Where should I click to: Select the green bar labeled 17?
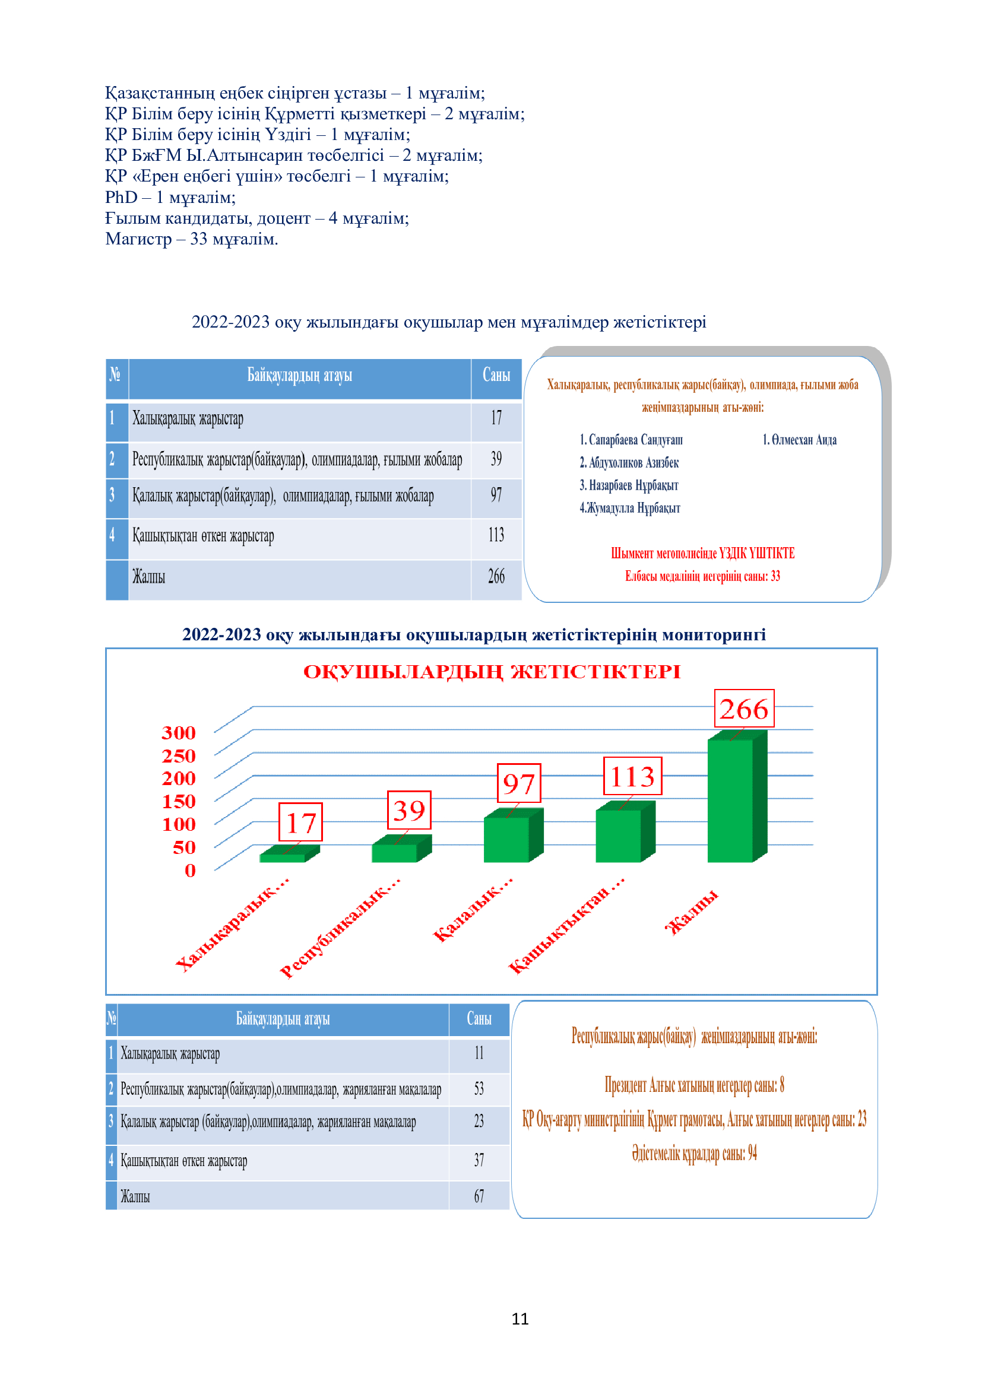click(283, 857)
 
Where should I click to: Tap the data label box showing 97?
click(519, 783)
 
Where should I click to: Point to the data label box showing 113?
click(632, 776)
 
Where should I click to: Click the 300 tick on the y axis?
click(178, 733)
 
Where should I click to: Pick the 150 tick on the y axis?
click(178, 802)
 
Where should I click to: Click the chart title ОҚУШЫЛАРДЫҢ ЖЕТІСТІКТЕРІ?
click(492, 672)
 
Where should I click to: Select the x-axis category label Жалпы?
click(692, 912)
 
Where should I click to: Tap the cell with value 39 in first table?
click(496, 459)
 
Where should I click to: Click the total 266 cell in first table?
click(496, 577)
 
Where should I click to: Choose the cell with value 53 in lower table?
click(479, 1089)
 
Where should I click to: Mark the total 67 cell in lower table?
click(479, 1196)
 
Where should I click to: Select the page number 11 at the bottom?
click(520, 1319)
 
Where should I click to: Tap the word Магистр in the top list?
click(138, 239)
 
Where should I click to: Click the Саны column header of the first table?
click(496, 376)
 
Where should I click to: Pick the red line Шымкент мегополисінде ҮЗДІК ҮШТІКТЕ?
click(702, 553)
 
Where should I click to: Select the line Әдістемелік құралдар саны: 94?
click(694, 1154)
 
